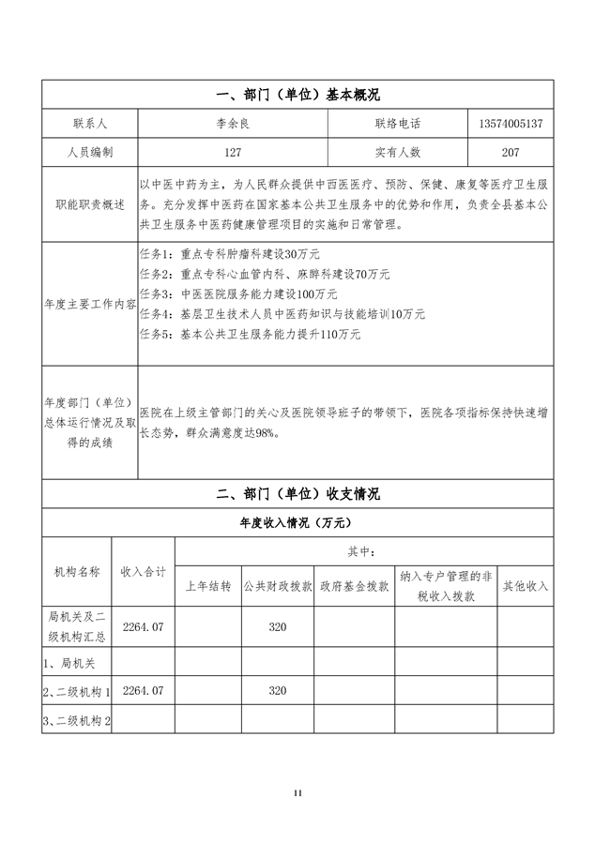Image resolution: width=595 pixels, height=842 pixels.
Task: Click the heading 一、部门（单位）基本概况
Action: [297, 95]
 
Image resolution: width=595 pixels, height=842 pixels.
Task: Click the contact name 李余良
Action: [233, 123]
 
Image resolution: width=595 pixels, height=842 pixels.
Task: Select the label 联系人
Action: [89, 123]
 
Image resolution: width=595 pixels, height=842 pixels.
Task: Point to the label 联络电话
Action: [398, 123]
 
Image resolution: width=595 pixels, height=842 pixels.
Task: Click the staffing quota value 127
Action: [233, 151]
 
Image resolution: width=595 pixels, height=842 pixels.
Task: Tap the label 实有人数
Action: [398, 151]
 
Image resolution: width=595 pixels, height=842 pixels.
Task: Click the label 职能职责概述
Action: [89, 203]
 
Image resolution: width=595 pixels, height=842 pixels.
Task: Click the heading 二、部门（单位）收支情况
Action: [297, 493]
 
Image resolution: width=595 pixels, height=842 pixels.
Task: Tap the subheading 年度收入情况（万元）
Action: [297, 522]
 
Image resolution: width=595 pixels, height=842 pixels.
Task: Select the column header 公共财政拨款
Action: [277, 586]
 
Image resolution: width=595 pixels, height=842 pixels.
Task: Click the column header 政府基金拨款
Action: [354, 586]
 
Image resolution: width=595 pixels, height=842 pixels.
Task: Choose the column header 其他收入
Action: [526, 586]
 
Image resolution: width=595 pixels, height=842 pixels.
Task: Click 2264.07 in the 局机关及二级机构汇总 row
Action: [143, 626]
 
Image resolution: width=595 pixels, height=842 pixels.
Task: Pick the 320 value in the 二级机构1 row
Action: [277, 691]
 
